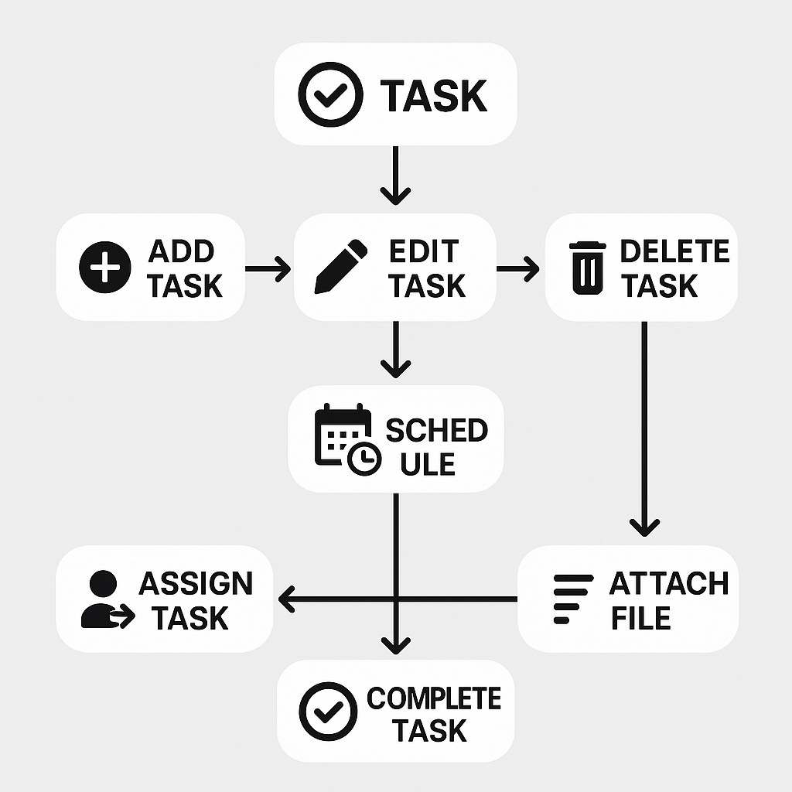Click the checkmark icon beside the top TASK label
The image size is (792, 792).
[x=330, y=94]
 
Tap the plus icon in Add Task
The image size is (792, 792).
[x=105, y=268]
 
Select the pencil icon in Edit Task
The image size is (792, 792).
[x=340, y=267]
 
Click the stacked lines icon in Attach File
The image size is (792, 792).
[x=572, y=599]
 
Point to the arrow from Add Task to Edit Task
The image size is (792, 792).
[x=268, y=269]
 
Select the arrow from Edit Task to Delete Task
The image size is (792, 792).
[x=517, y=269]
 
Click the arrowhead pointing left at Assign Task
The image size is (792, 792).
[x=287, y=599]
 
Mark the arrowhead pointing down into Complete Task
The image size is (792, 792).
[x=395, y=643]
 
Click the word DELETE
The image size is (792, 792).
[x=674, y=251]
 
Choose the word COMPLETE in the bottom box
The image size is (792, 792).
[x=433, y=698]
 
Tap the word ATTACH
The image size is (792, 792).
[x=669, y=583]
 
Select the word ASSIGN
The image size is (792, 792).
[x=196, y=583]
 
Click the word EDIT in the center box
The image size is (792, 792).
[x=424, y=251]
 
